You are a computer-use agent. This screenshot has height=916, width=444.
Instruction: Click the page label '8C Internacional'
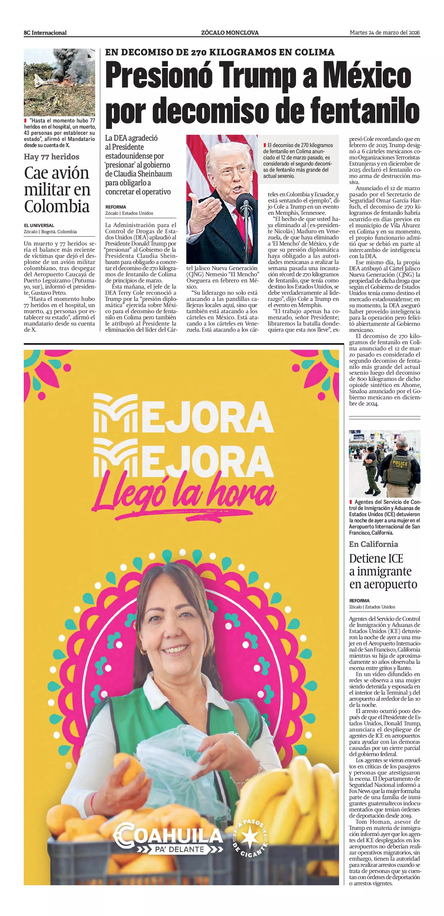click(45, 33)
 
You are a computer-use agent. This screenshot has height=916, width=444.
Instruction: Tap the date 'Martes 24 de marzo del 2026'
click(385, 32)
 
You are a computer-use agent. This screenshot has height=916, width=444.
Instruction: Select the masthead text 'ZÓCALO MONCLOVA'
click(230, 33)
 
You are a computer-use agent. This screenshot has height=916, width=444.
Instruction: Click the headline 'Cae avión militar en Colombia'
click(57, 190)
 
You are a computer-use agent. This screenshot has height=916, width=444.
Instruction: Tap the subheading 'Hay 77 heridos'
click(51, 157)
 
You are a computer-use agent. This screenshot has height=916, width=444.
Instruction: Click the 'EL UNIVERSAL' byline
click(39, 225)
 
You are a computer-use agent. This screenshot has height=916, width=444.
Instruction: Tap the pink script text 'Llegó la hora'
click(185, 495)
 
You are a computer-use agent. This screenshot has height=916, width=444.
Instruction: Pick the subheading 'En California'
click(373, 544)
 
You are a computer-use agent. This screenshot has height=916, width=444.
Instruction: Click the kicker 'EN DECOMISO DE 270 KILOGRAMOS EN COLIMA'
click(220, 52)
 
